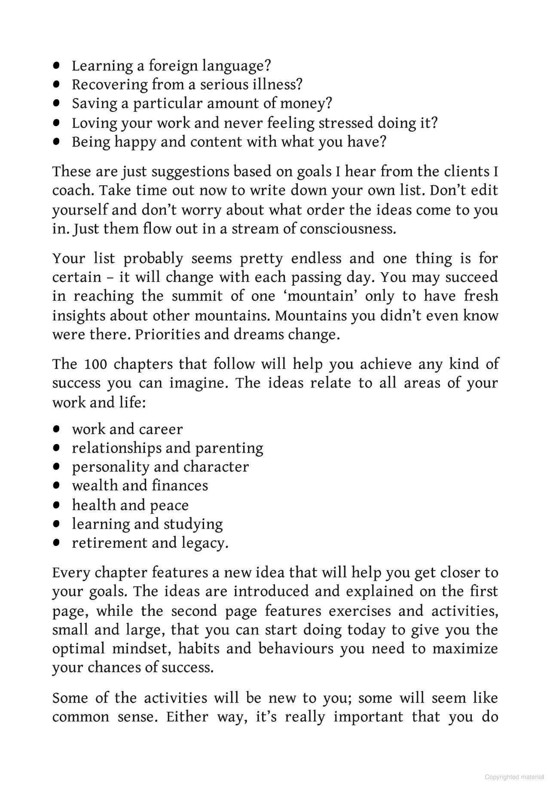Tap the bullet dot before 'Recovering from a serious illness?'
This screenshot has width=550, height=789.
pos(56,84)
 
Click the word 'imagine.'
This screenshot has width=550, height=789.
pos(198,383)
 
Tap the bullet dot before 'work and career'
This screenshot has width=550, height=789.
pos(56,429)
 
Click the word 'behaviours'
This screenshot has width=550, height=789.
pos(296,648)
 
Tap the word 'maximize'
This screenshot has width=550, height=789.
pos(465,648)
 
